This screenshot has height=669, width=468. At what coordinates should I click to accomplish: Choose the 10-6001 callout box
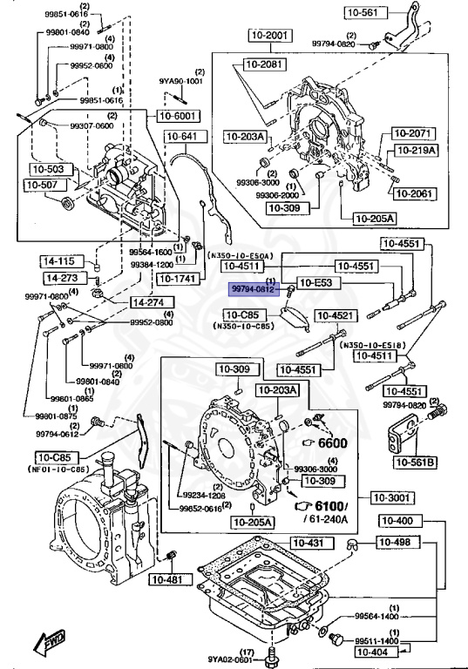click(x=178, y=115)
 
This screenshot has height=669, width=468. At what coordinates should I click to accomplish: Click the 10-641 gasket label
click(x=182, y=136)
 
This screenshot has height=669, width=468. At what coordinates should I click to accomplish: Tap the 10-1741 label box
click(x=177, y=278)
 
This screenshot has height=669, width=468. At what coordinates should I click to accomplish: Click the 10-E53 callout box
click(x=319, y=282)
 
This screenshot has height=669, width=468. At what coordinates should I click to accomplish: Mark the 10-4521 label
click(x=335, y=315)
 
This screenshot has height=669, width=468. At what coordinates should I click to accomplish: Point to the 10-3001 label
click(x=392, y=498)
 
